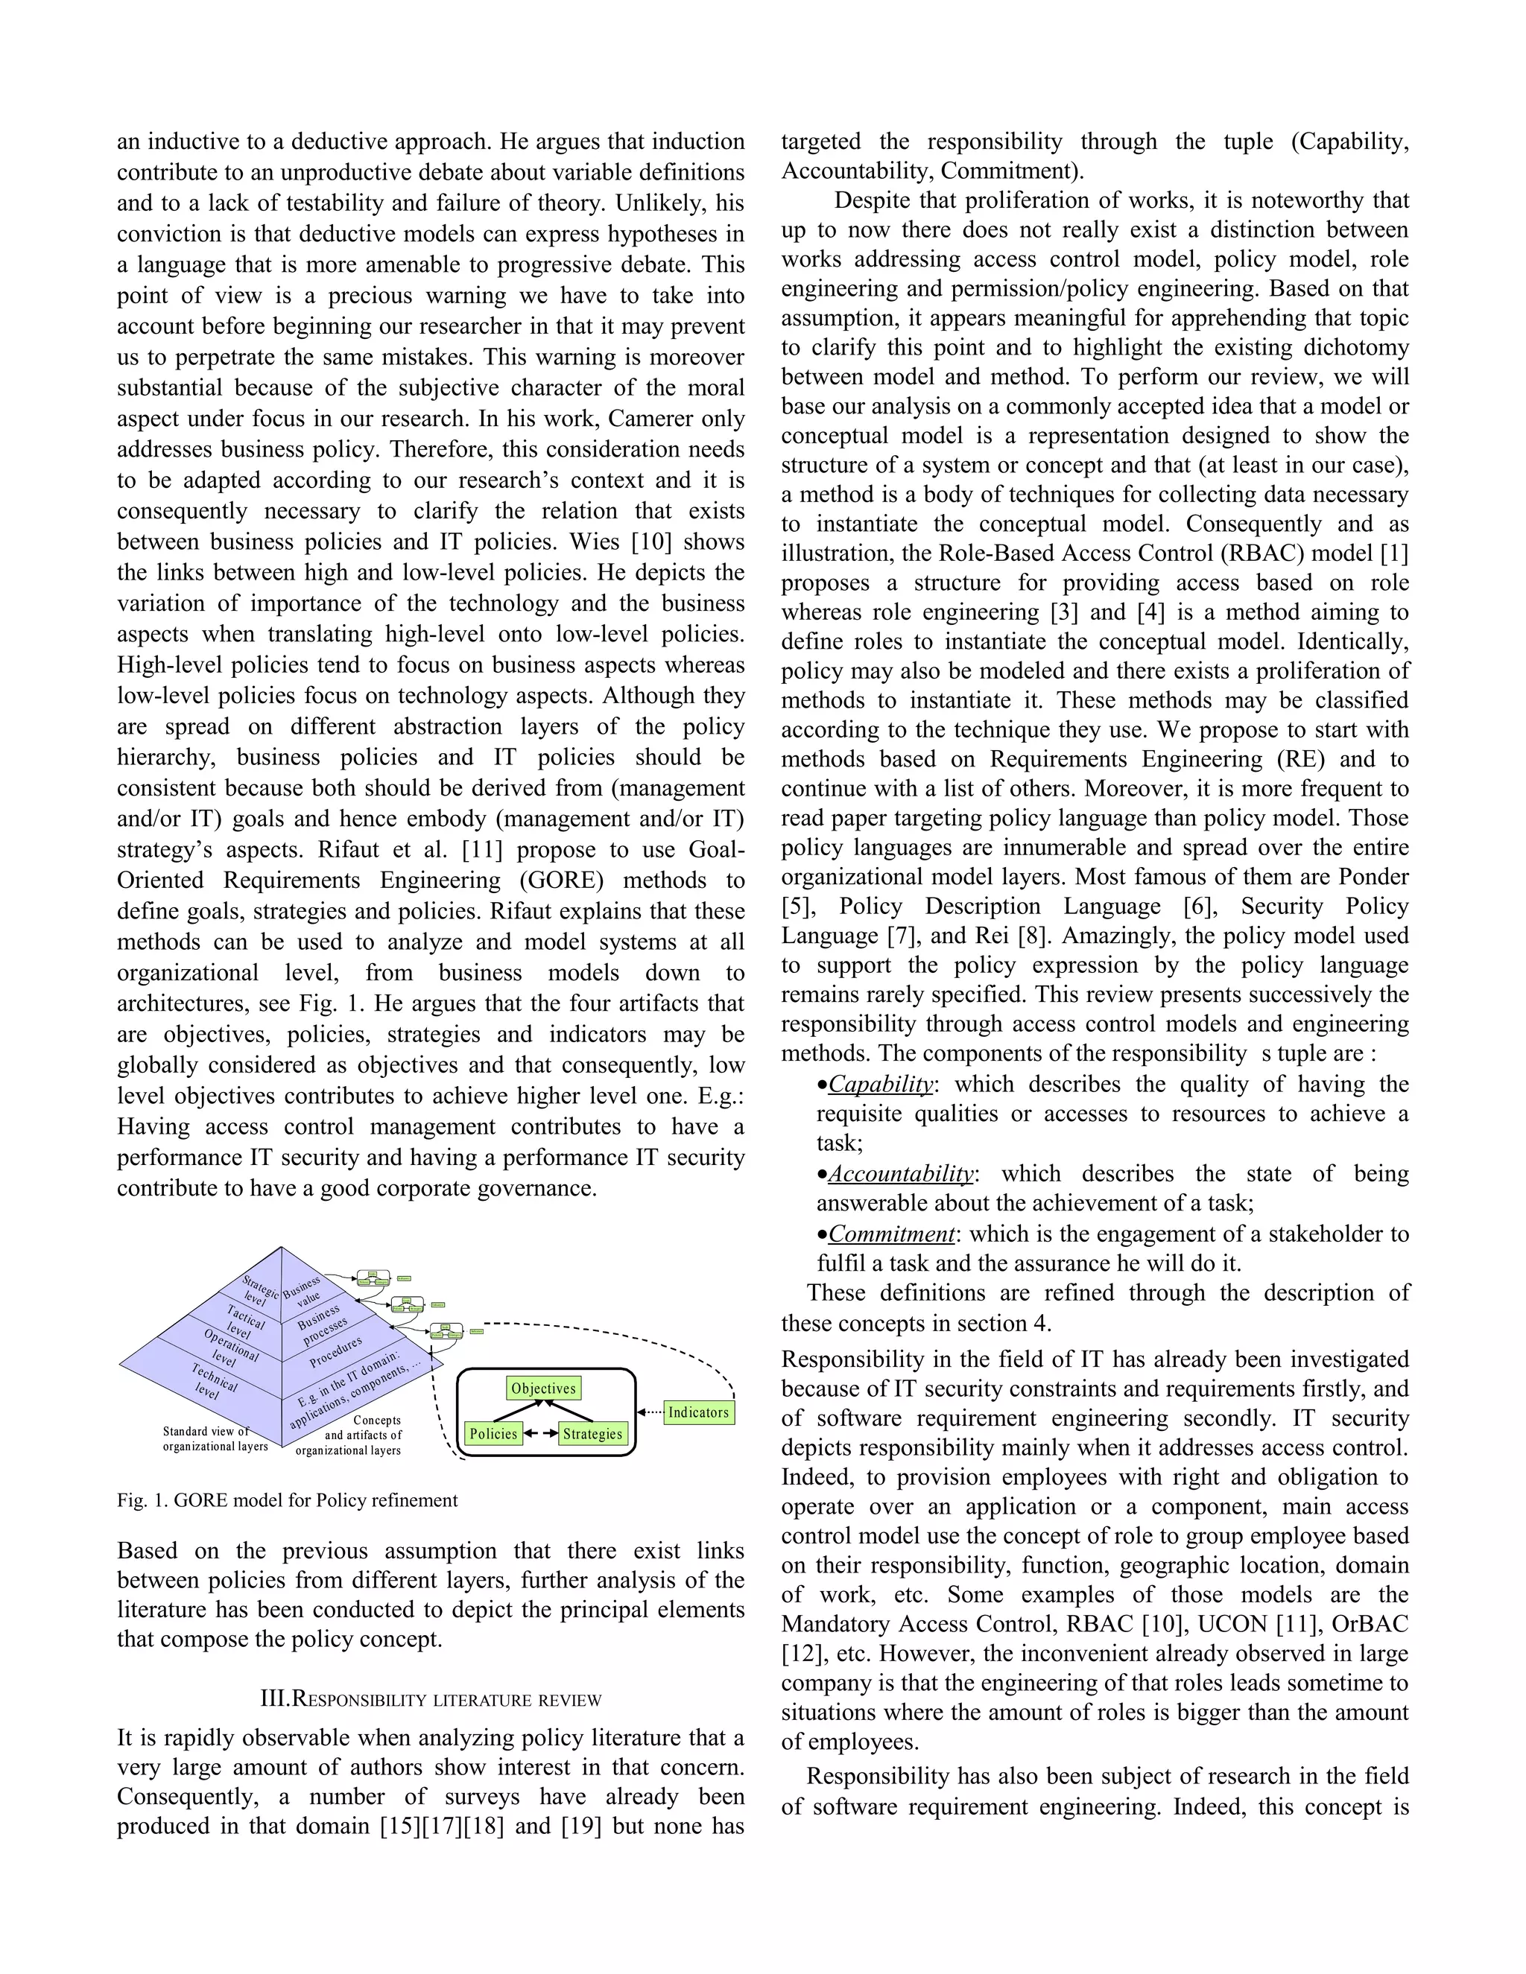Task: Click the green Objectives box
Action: tap(543, 1389)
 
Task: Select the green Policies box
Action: tap(493, 1433)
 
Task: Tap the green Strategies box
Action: tap(592, 1433)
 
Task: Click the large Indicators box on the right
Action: tap(698, 1412)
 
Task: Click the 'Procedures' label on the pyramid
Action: tap(335, 1352)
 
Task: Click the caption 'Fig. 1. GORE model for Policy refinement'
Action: tap(288, 1500)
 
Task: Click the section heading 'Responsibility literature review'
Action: tap(431, 1700)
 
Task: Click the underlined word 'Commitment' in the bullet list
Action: tap(891, 1234)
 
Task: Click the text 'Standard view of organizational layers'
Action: tap(215, 1439)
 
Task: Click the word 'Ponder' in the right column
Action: tap(1373, 877)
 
